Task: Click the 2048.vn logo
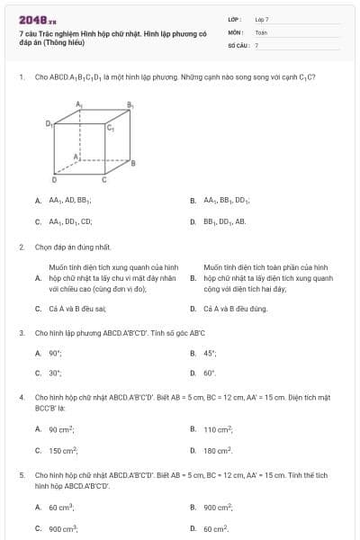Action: click(x=36, y=19)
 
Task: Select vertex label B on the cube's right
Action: click(x=134, y=163)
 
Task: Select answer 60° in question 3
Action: click(x=210, y=372)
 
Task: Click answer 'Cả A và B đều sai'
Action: click(x=71, y=309)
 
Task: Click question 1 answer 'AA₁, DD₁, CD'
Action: click(x=70, y=220)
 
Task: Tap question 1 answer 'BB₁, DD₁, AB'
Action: click(x=224, y=220)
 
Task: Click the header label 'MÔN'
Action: click(x=236, y=31)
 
